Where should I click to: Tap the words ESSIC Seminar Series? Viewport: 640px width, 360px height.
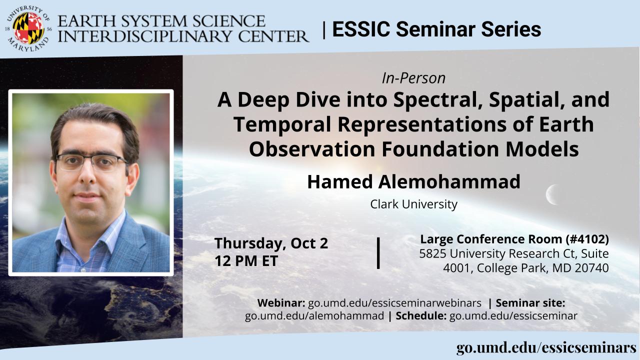tap(436, 29)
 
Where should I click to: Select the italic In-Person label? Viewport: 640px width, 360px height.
tap(413, 78)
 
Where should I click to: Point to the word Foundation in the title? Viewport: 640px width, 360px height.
tap(440, 149)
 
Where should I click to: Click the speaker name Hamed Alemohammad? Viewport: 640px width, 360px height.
tap(413, 181)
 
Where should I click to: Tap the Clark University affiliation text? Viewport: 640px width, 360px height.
tap(413, 204)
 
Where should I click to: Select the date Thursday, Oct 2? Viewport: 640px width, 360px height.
tap(271, 243)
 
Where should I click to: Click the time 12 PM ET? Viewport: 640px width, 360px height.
tap(246, 261)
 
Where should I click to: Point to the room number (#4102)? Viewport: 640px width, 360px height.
tap(587, 239)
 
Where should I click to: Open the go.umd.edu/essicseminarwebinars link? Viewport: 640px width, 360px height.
tap(394, 303)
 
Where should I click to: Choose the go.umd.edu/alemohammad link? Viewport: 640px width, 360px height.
tap(314, 316)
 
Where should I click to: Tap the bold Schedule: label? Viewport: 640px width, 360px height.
tap(421, 316)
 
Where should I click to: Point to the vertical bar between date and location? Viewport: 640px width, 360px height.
tap(378, 253)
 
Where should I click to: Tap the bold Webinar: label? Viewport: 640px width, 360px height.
tap(281, 303)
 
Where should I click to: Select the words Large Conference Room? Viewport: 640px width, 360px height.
tap(491, 239)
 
